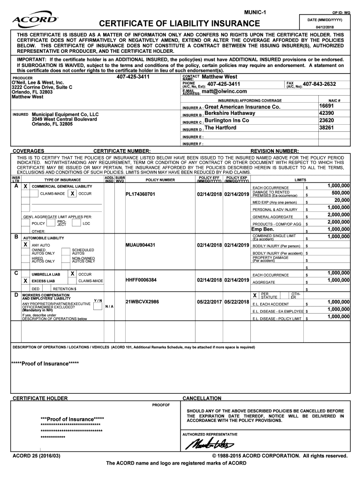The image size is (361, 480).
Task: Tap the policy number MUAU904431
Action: (x=140, y=245)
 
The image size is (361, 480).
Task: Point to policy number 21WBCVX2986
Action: (x=142, y=301)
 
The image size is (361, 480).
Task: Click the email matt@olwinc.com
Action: (x=224, y=91)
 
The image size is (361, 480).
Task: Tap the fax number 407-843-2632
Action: (x=319, y=84)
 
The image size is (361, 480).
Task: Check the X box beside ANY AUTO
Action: (x=25, y=245)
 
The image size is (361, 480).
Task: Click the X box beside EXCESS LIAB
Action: (x=25, y=280)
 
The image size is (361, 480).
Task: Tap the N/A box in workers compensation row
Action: (x=109, y=307)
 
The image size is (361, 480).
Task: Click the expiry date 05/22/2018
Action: (x=236, y=301)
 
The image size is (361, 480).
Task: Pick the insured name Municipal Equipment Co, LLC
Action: (x=65, y=114)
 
